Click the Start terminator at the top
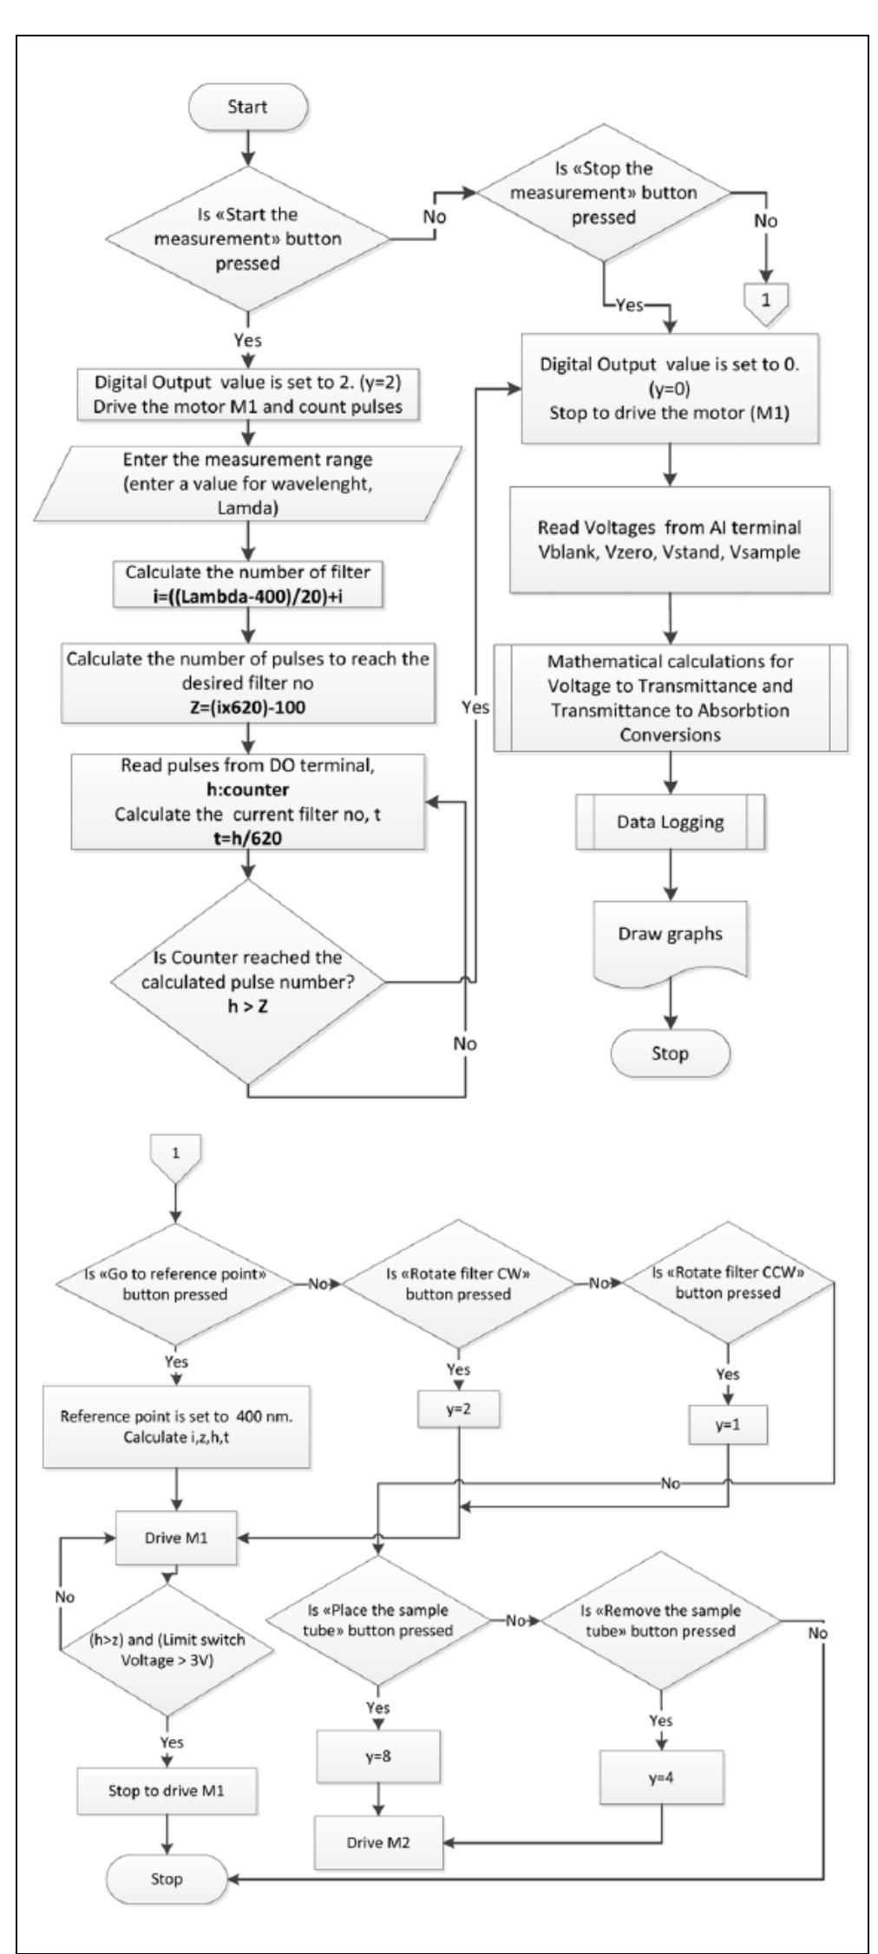tap(247, 108)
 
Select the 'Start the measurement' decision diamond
tap(247, 238)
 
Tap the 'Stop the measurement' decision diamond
tap(605, 193)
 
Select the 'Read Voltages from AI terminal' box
tap(669, 539)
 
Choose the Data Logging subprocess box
tap(670, 821)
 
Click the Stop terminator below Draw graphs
tap(670, 1054)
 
